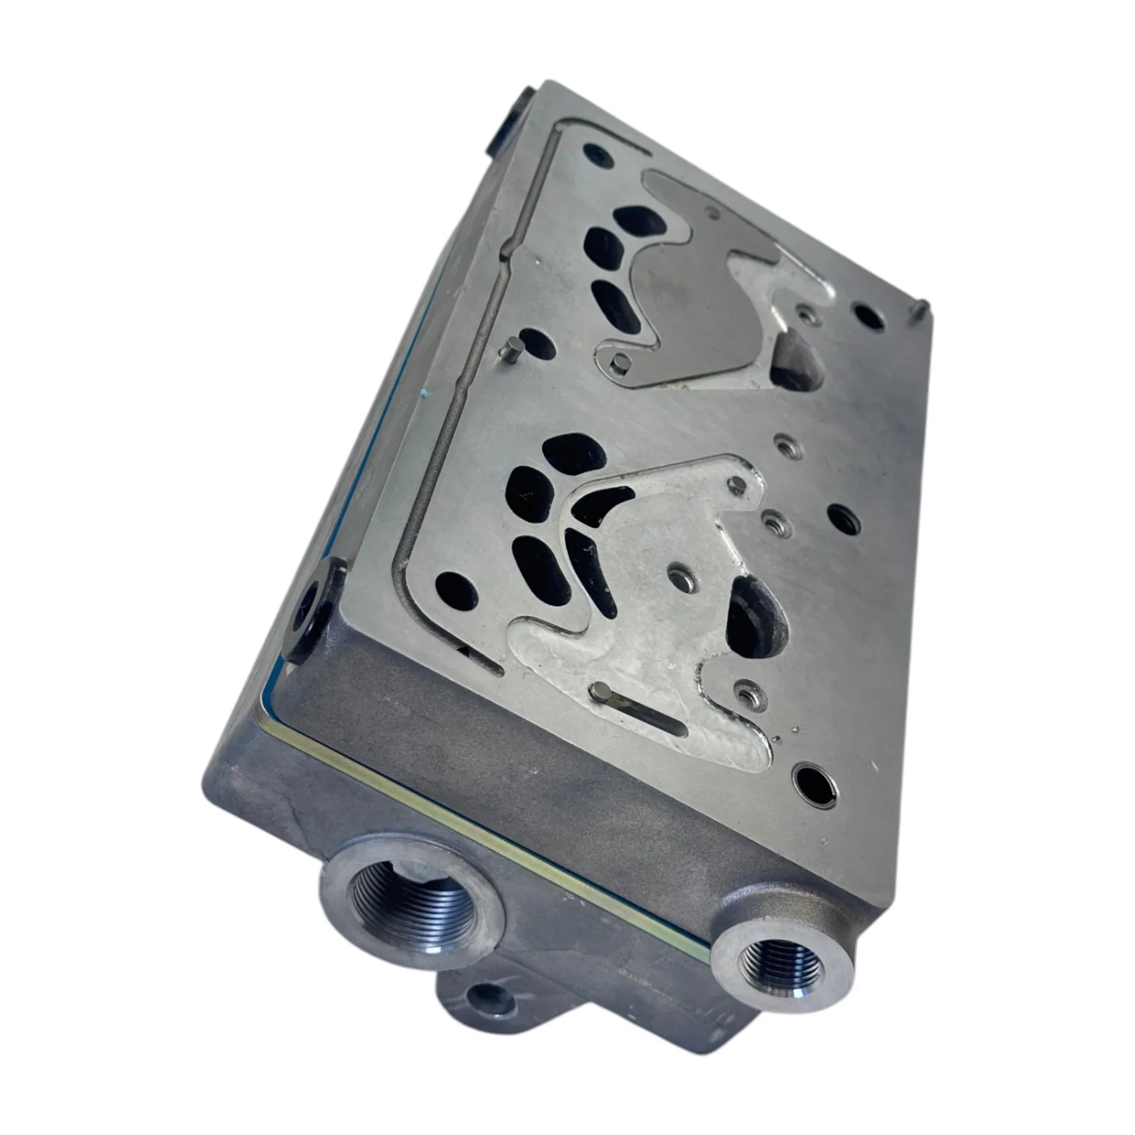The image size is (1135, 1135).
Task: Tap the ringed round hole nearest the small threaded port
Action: [814, 781]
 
